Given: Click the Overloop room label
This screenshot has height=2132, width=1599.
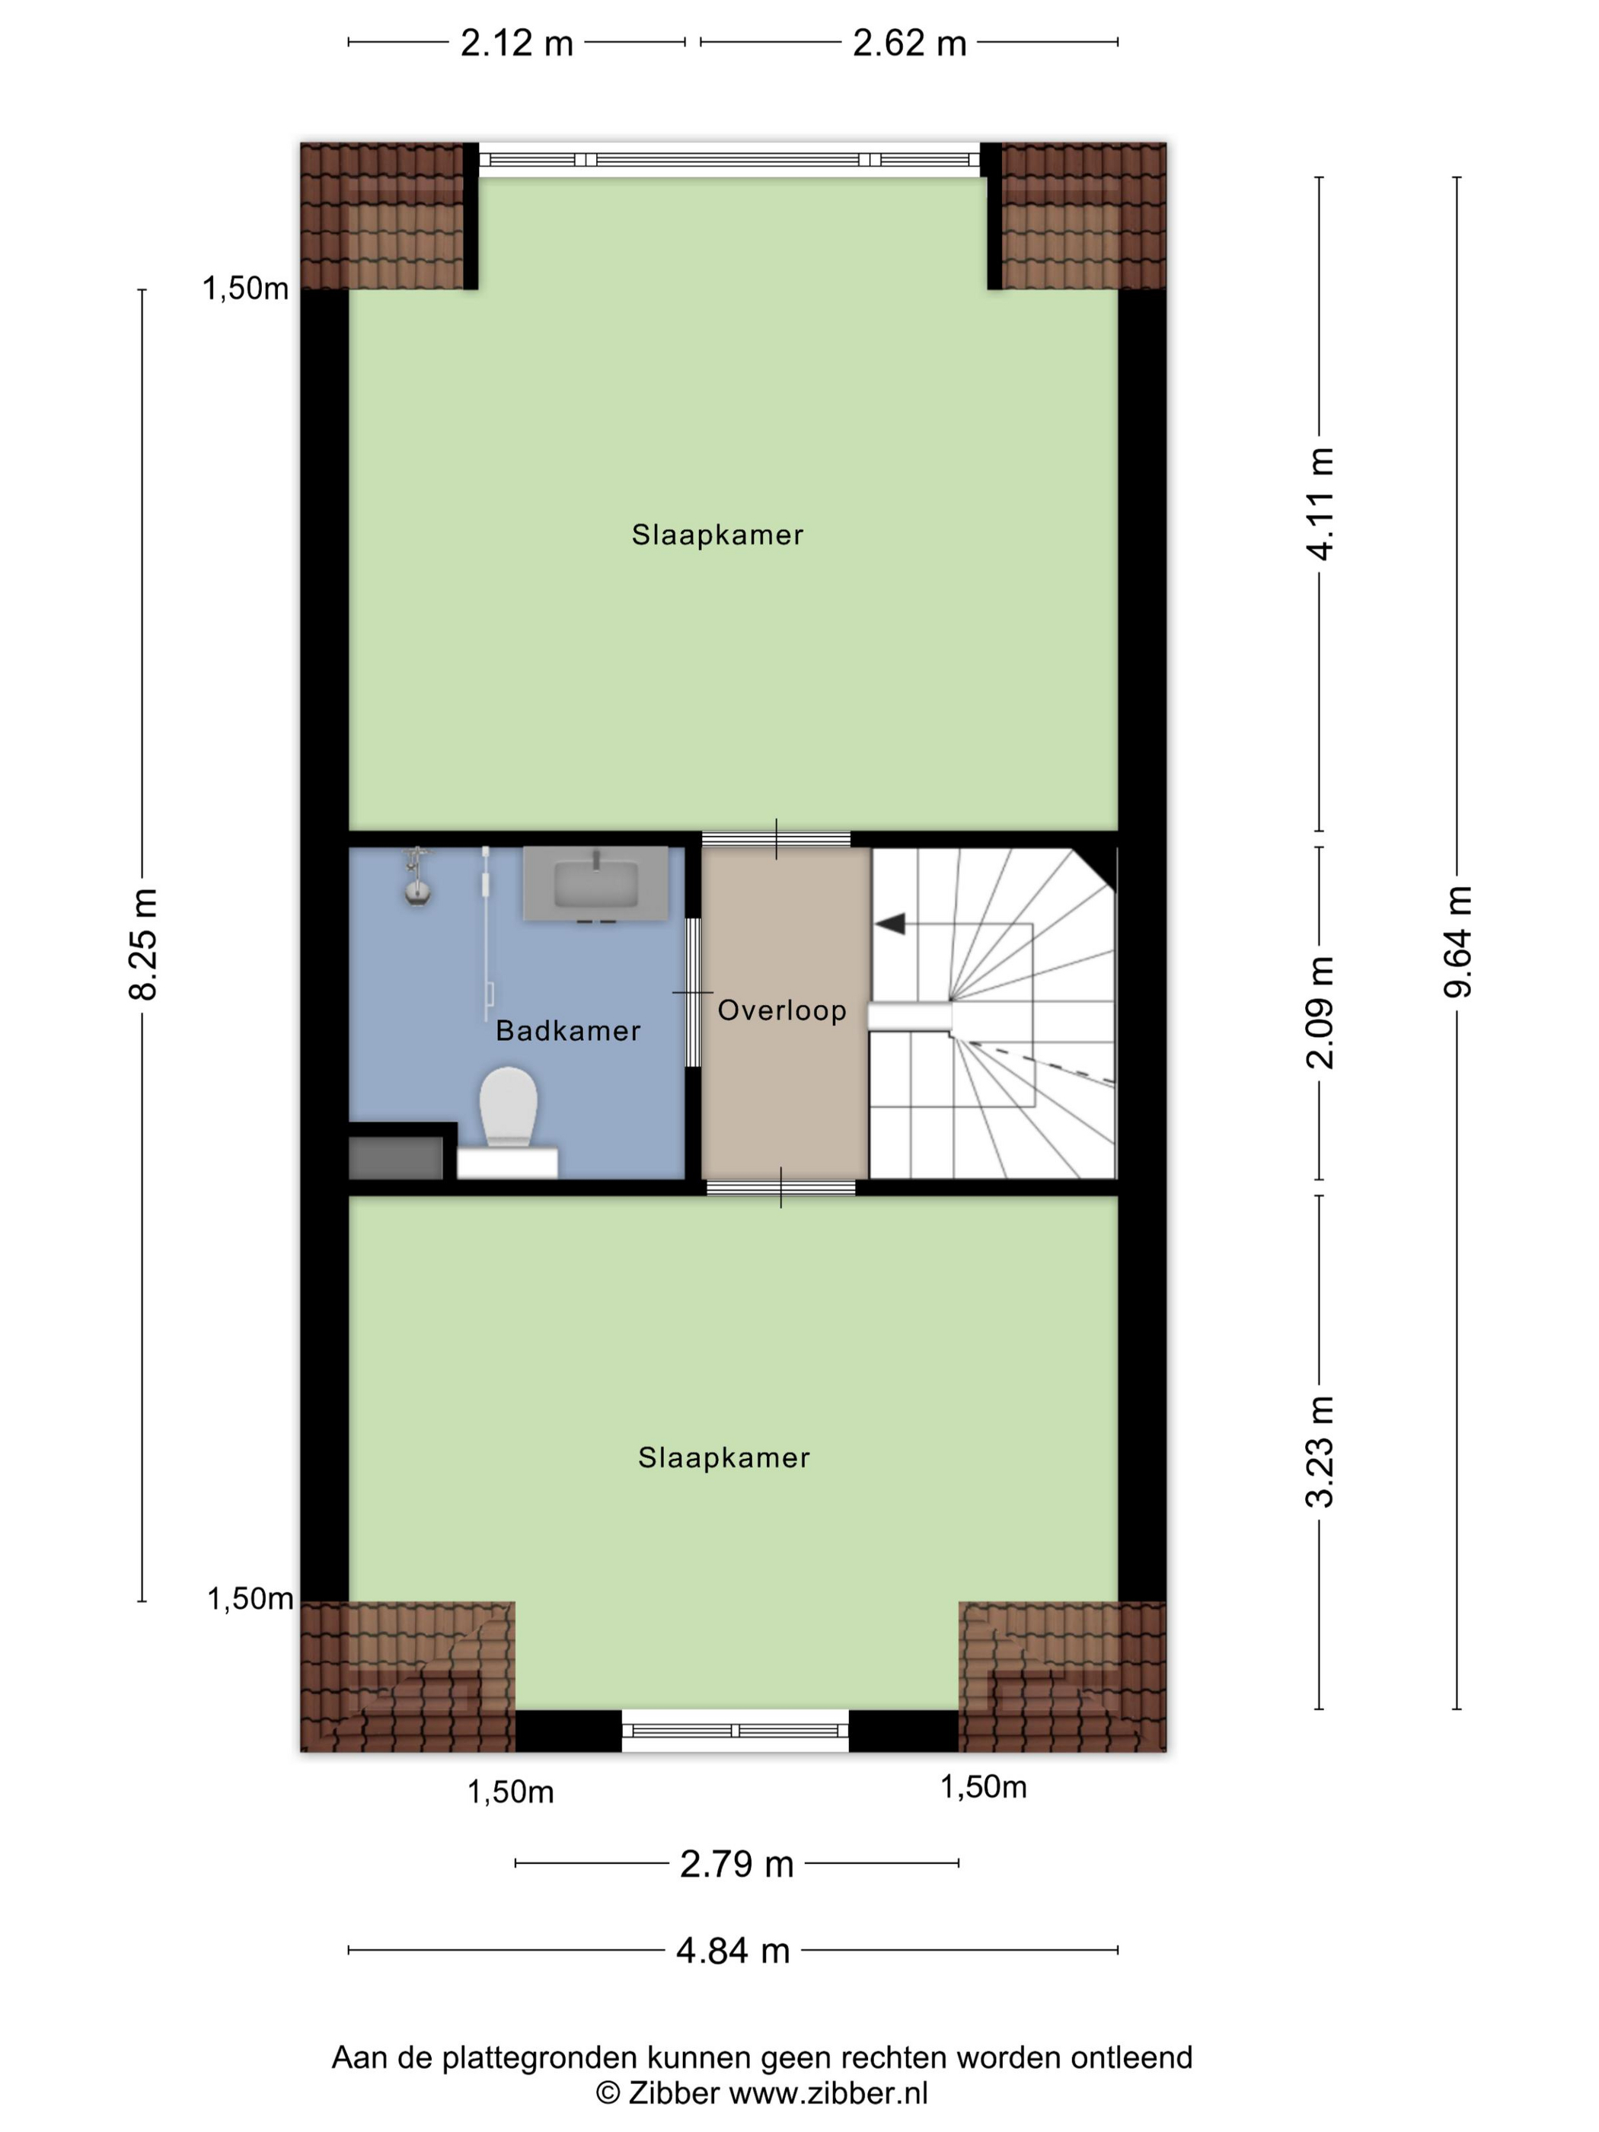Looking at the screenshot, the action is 782,1010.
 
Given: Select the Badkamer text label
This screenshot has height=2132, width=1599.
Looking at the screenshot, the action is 568,1030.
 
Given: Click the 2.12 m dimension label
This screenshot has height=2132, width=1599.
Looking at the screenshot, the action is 516,43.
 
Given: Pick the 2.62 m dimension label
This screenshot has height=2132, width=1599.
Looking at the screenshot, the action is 909,43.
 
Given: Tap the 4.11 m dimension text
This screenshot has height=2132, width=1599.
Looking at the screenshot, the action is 1320,503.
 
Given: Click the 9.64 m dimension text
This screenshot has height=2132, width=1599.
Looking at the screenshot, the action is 1457,940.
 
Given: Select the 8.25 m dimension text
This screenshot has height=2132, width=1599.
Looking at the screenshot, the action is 142,943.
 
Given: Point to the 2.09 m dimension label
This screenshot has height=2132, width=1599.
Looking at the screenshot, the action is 1320,1013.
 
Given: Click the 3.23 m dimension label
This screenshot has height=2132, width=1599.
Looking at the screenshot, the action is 1320,1451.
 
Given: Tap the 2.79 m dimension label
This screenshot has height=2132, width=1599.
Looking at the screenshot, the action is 736,1864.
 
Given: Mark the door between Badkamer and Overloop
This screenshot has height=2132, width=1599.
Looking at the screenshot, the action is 693,993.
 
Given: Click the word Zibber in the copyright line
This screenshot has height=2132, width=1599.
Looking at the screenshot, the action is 673,2092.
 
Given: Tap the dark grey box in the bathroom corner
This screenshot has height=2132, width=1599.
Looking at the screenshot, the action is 395,1157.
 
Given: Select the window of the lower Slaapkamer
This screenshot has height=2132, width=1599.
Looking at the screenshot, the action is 735,1731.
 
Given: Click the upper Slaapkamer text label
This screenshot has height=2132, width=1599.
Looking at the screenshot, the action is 717,535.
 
